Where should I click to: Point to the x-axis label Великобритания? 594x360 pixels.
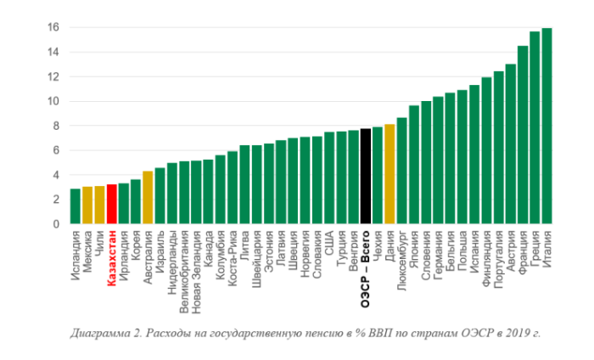184,263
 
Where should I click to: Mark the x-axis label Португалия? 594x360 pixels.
498,254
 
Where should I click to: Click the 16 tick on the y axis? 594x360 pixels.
53,27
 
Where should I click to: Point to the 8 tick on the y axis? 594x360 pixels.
55,126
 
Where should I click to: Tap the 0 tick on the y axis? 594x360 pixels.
55,223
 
